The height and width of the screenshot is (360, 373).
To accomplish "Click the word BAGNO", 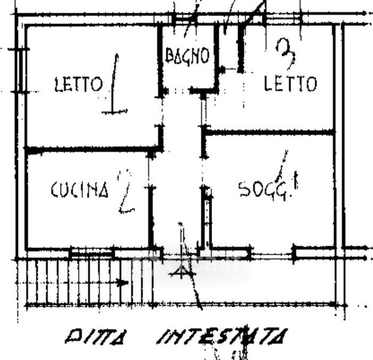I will [x=187, y=56].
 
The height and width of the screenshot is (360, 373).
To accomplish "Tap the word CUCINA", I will [x=79, y=190].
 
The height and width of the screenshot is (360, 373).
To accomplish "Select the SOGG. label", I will [x=261, y=190].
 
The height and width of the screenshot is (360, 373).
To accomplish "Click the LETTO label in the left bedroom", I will [x=78, y=85].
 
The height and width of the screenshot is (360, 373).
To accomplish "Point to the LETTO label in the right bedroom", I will [x=291, y=84].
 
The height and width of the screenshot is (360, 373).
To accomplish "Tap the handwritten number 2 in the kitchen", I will [x=125, y=191].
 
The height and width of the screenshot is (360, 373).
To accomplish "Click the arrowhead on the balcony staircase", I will [x=124, y=281].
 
